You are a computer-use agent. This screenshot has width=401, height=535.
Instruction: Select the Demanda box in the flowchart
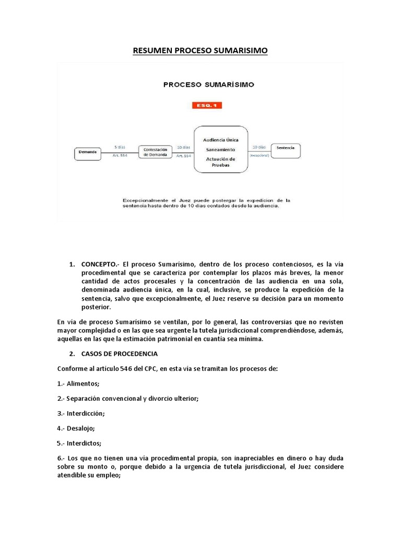pyautogui.click(x=88, y=152)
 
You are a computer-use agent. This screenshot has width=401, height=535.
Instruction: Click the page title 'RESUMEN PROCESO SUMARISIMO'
pyautogui.click(x=200, y=50)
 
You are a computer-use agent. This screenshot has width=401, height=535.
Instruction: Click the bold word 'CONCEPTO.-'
pyautogui.click(x=101, y=265)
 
